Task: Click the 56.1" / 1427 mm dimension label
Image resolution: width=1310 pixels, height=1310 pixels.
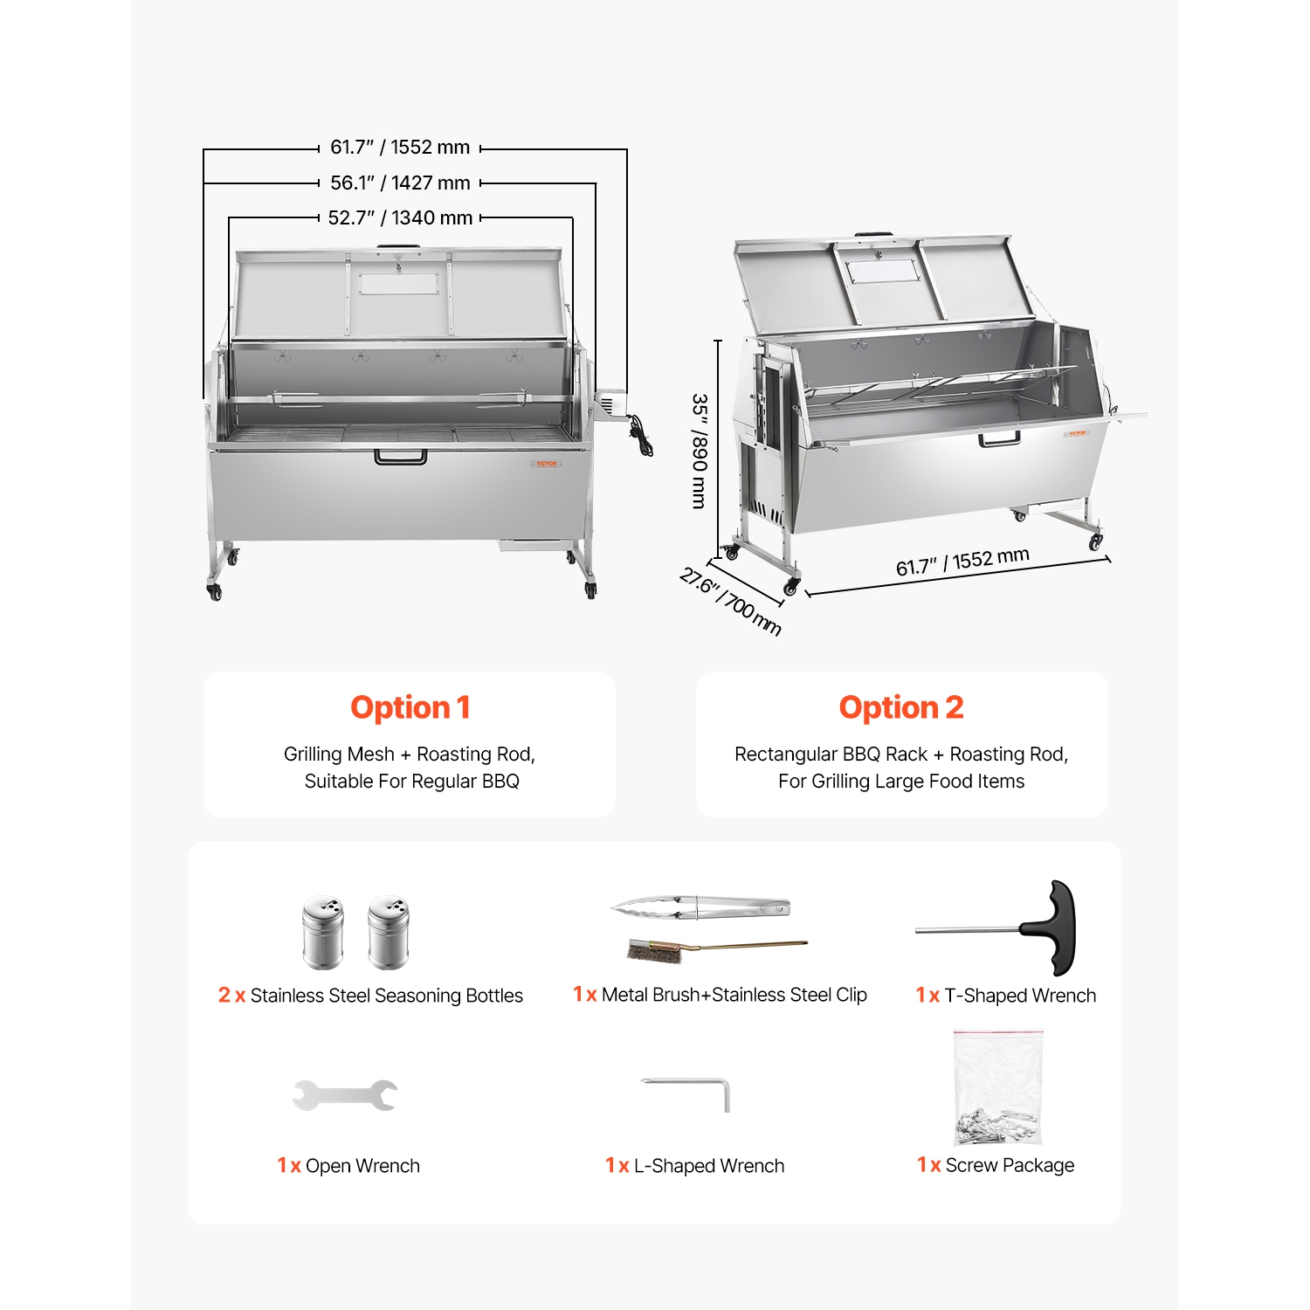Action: (x=400, y=183)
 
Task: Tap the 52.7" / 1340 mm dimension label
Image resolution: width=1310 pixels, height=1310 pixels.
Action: (x=400, y=217)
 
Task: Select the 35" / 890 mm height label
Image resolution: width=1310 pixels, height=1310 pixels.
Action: (x=699, y=451)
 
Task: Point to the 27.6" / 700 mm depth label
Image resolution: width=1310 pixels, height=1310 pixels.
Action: (x=730, y=602)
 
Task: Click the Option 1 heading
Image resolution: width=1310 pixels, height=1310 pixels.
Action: (x=410, y=707)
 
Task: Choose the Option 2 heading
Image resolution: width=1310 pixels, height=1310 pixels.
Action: (x=900, y=707)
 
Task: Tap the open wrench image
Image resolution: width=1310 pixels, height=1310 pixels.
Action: (x=344, y=1095)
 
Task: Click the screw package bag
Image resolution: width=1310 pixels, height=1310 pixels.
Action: (x=998, y=1088)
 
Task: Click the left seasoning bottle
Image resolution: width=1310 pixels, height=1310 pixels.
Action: (x=322, y=933)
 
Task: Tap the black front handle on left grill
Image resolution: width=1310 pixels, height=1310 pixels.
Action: (x=401, y=457)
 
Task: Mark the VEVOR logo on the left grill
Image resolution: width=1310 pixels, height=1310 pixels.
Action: (x=545, y=463)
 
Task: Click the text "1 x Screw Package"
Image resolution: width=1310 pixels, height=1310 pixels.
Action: (x=996, y=1165)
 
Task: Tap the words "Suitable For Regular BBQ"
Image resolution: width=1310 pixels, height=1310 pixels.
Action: (x=411, y=781)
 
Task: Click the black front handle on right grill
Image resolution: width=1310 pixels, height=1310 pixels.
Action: (x=999, y=438)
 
